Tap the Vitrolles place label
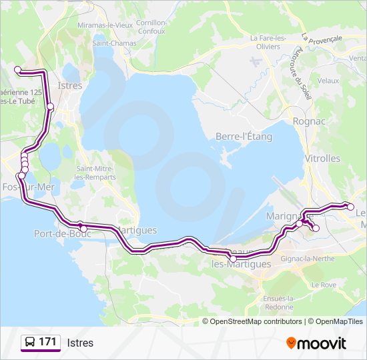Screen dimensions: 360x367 [x=322, y=159]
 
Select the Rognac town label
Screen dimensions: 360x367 [x=309, y=121]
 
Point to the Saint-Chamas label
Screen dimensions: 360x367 [x=114, y=43]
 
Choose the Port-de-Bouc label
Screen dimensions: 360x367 [x=57, y=233]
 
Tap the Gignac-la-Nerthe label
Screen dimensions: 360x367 [x=306, y=257]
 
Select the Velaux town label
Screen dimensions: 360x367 [x=328, y=80]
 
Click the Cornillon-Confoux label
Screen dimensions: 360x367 [x=151, y=26]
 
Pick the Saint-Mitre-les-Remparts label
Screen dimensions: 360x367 [x=96, y=173]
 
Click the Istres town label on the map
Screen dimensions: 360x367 [x=70, y=85]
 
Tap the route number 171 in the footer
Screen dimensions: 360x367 [x=47, y=342]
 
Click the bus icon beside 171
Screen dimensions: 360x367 [x=30, y=343]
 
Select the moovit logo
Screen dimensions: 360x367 [x=316, y=343]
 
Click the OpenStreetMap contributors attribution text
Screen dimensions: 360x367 [x=252, y=321]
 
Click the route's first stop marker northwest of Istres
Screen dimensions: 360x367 [x=18, y=69]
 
